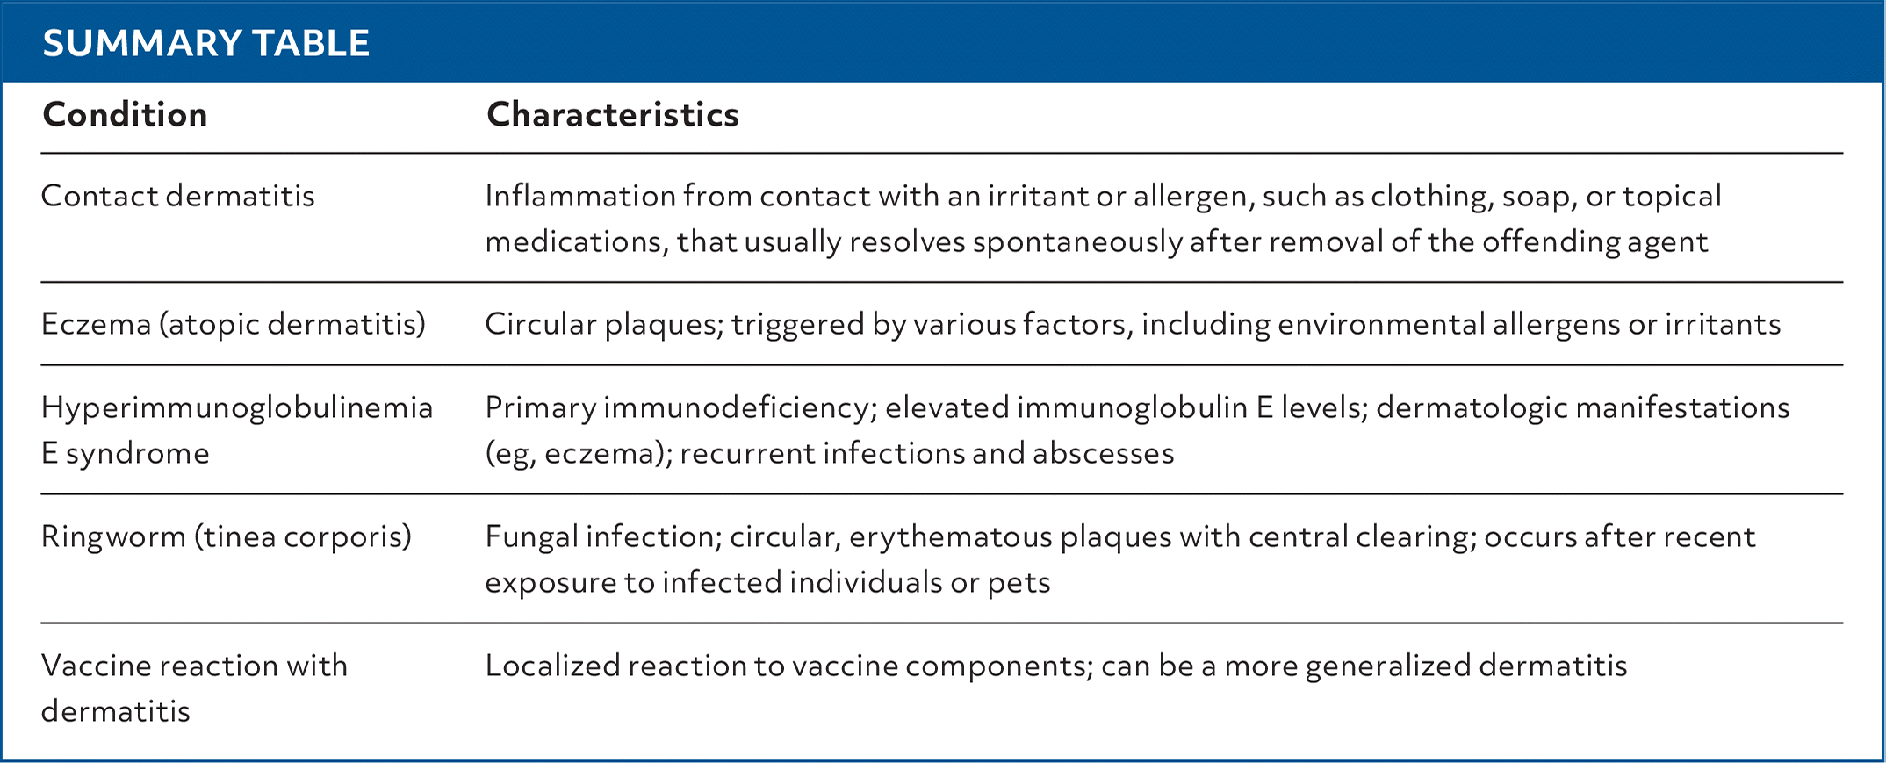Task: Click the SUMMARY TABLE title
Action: [x=205, y=43]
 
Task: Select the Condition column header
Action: [x=125, y=114]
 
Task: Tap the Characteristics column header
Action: [x=612, y=114]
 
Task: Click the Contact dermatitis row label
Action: [x=177, y=196]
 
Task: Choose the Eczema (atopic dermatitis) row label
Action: [x=233, y=324]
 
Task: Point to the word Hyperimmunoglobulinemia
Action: [x=237, y=408]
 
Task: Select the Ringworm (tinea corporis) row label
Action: [x=226, y=536]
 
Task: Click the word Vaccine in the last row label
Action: [x=95, y=666]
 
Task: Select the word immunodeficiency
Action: [x=738, y=408]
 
